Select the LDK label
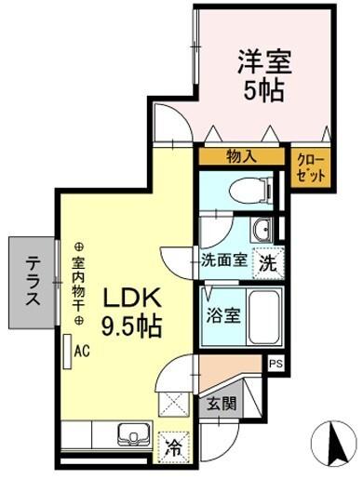click(133, 299)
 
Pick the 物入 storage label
click(241, 157)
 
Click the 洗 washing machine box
click(266, 261)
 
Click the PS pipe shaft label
click(275, 364)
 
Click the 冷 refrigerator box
click(172, 446)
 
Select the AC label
click(81, 352)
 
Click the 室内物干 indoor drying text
click(79, 282)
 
